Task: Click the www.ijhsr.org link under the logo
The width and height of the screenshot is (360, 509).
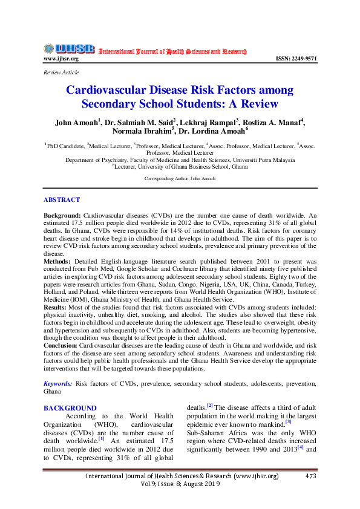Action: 61,59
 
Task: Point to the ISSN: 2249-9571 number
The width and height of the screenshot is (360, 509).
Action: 296,59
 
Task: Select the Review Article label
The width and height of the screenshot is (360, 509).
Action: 61,73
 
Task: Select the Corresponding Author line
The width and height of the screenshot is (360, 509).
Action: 180,179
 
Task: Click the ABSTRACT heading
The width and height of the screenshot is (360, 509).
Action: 62,199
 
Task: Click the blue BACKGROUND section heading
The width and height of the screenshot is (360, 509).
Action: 70,408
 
